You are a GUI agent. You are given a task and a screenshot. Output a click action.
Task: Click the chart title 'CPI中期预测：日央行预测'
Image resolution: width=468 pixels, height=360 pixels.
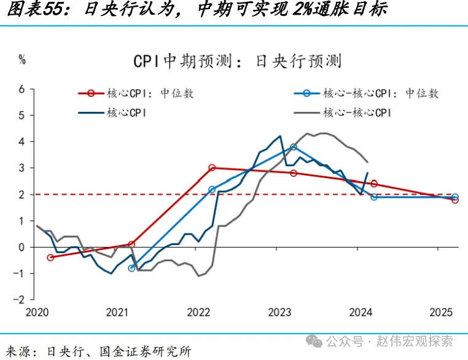(237, 61)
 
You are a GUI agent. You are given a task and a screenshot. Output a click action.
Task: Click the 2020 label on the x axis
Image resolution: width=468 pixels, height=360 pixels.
(37, 312)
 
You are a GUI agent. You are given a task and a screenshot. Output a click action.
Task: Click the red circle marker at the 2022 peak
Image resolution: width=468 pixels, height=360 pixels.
(212, 167)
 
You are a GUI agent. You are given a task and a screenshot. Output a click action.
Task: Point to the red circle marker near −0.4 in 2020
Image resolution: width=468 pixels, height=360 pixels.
(50, 257)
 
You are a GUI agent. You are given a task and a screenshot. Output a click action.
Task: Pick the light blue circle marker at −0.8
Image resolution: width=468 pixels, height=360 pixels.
(131, 268)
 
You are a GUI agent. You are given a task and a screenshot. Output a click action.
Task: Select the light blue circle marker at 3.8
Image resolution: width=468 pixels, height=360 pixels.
(294, 147)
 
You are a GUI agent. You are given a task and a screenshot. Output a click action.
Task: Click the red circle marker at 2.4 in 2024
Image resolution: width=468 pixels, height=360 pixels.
(374, 183)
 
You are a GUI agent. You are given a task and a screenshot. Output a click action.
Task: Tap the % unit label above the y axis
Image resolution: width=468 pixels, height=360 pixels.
(22, 60)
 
